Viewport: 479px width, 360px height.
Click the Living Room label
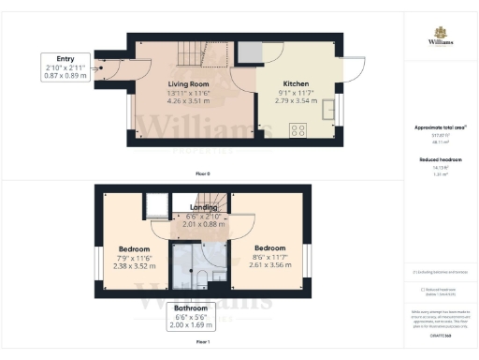185,83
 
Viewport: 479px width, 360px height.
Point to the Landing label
204,207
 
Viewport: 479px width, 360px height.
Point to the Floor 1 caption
202,344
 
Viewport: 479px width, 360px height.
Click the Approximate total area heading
441,127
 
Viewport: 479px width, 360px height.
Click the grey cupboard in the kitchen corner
249,52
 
